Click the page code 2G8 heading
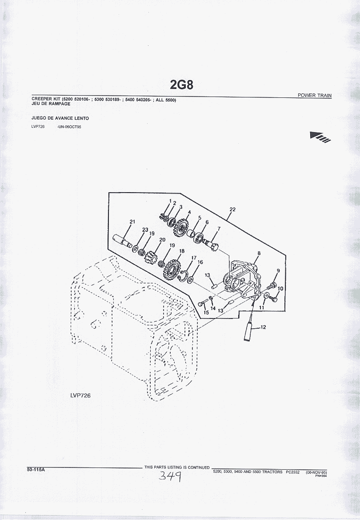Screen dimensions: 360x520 click(181, 85)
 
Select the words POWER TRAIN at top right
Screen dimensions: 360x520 click(314, 96)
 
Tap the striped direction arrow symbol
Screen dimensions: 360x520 click(320, 137)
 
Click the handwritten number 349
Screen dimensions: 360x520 click(170, 476)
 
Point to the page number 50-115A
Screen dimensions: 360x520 click(36, 470)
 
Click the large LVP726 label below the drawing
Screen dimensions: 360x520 click(80, 395)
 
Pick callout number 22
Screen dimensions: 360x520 click(232, 209)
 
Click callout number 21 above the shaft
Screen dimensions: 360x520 click(132, 222)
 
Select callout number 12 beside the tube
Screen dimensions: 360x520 click(264, 327)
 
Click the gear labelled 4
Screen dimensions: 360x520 click(180, 227)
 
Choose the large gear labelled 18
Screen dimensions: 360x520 click(172, 269)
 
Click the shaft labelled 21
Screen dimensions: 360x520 click(122, 241)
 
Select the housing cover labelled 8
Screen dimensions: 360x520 click(243, 278)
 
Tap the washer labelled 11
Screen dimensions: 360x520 click(266, 295)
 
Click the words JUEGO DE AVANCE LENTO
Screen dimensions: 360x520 click(60, 118)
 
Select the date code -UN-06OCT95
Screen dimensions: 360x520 click(69, 127)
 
